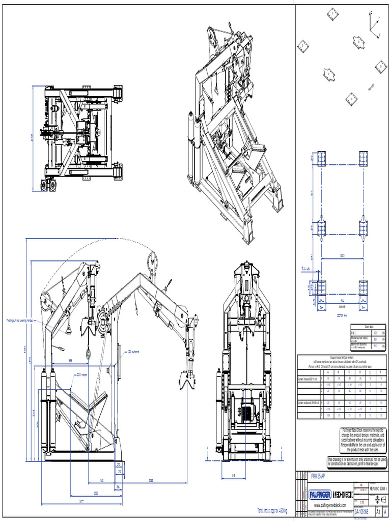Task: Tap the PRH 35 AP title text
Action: point(319,477)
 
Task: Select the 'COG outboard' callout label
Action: point(133,351)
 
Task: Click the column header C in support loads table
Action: point(348,372)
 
